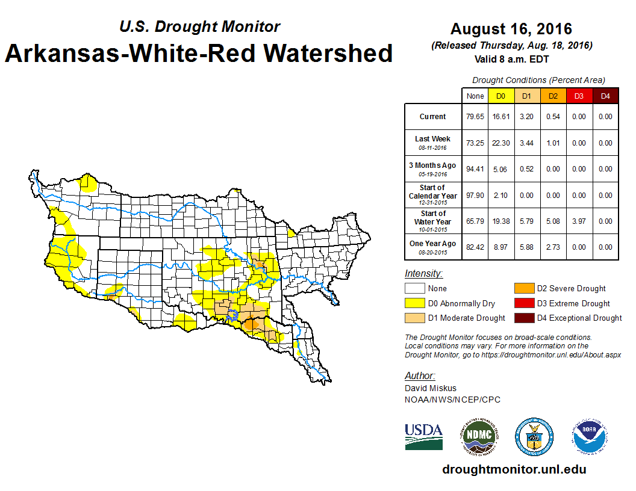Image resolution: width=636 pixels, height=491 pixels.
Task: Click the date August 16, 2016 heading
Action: (511, 29)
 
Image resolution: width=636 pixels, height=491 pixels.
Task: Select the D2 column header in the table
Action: (552, 96)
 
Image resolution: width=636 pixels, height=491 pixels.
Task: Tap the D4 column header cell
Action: (605, 96)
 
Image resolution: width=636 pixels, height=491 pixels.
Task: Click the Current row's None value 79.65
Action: (475, 117)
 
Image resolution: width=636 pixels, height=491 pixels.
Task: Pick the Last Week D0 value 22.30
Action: (501, 143)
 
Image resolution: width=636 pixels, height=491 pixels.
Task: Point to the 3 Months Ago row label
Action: (432, 169)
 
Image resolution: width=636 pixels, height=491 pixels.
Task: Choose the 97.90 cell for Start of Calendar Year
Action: (475, 196)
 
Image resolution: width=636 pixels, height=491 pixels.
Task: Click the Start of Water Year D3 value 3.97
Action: (579, 221)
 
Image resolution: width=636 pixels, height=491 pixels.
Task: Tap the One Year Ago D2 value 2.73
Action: (552, 247)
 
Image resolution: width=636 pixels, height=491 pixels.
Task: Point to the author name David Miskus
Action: (431, 389)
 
